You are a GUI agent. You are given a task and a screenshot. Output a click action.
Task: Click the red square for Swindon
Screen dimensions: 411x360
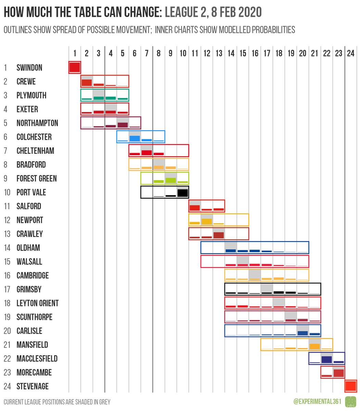click(x=75, y=67)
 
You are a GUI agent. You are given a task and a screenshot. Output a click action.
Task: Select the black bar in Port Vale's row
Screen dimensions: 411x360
click(x=183, y=193)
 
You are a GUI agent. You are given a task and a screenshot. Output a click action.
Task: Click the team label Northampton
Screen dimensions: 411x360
click(x=37, y=123)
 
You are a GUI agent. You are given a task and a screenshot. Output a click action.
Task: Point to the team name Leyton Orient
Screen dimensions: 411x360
click(x=37, y=303)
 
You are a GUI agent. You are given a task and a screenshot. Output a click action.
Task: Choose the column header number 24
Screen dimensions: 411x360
click(x=350, y=53)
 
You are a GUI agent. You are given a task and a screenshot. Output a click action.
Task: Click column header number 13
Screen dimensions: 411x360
click(x=219, y=53)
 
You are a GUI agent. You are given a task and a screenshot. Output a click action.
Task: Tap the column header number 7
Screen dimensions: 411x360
click(x=146, y=53)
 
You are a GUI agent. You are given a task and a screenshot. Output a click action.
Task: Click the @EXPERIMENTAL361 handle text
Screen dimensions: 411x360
click(x=317, y=401)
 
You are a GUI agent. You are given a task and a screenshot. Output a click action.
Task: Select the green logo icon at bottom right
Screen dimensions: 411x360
click(x=350, y=401)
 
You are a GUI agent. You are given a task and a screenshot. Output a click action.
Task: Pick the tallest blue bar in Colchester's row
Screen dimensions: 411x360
click(x=134, y=138)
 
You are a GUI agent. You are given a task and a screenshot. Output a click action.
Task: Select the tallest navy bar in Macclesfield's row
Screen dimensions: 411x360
click(x=326, y=360)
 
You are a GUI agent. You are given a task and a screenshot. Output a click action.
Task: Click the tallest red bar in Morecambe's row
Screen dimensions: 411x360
click(x=338, y=373)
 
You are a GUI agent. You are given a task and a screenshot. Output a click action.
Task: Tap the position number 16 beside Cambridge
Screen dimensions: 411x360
click(x=7, y=275)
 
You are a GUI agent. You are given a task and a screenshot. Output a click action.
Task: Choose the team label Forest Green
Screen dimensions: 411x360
click(x=37, y=178)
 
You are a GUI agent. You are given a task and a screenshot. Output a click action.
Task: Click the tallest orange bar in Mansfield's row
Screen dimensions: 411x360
click(x=314, y=346)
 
